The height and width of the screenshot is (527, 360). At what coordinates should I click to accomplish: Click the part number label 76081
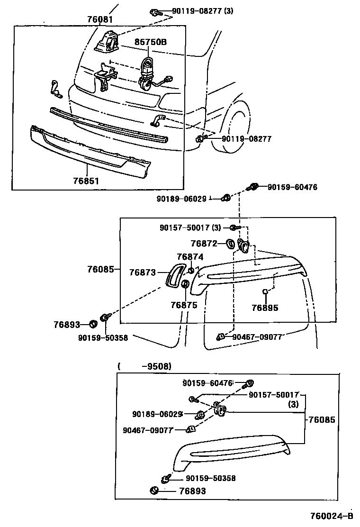point(100,19)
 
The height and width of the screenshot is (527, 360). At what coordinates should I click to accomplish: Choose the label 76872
point(204,244)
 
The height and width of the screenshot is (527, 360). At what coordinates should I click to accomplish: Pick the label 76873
point(143,273)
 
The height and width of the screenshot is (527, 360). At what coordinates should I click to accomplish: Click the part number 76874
point(190,257)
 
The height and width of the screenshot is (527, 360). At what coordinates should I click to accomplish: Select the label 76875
point(184,305)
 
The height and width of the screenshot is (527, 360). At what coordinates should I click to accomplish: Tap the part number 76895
point(265,308)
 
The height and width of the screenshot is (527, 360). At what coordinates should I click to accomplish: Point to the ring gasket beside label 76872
point(229,244)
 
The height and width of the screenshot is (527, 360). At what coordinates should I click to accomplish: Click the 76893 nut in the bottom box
point(153,490)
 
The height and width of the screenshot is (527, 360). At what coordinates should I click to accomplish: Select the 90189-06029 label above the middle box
point(182,199)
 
